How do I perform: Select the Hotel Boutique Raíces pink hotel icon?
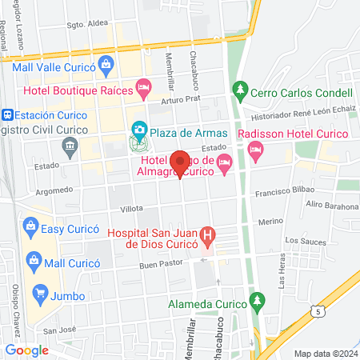(143, 86)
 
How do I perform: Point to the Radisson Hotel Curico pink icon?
(255, 148)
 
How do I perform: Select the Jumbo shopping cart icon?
(36, 294)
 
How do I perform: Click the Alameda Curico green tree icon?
(256, 300)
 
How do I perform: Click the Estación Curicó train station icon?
(6, 114)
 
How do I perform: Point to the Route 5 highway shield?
(321, 309)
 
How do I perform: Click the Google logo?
(27, 350)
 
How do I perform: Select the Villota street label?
(109, 208)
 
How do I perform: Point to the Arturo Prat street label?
(178, 100)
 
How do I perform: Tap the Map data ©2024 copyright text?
(325, 354)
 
